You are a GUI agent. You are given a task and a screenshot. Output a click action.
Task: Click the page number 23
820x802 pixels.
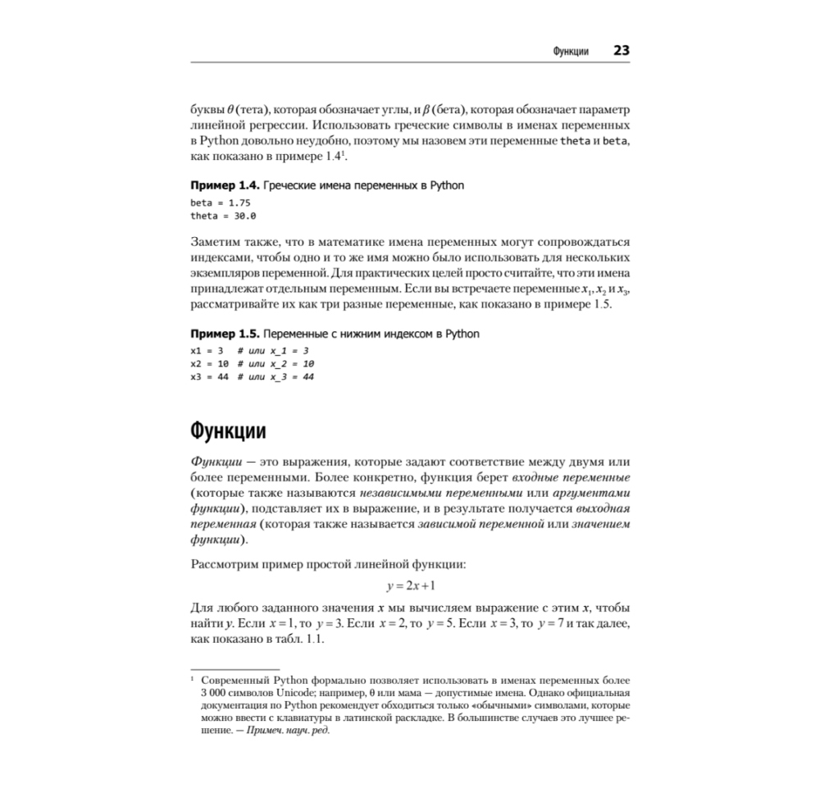(621, 51)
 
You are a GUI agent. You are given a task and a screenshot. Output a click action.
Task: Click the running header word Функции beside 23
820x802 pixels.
(572, 52)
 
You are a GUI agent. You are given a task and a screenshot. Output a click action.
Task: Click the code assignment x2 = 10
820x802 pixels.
(209, 363)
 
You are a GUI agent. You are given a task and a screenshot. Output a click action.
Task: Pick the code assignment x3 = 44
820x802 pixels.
(209, 376)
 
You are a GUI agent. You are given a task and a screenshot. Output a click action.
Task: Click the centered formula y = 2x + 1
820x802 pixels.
(410, 586)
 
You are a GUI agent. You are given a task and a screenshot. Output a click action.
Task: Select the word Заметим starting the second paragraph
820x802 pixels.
(216, 243)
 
